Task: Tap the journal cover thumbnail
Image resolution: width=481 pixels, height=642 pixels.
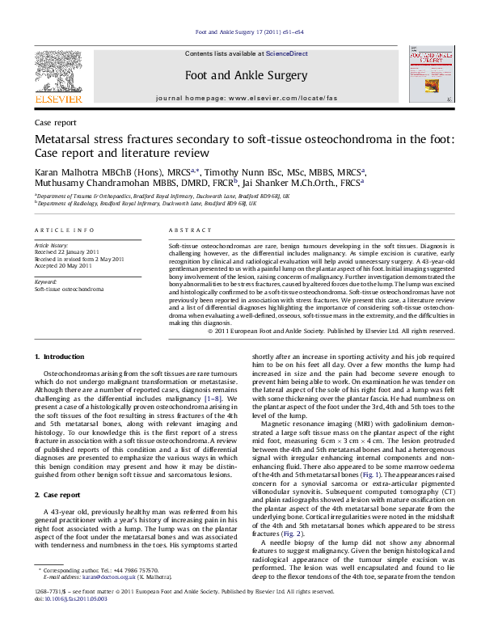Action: click(x=430, y=76)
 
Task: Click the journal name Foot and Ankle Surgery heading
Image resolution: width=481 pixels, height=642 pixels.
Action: click(x=247, y=75)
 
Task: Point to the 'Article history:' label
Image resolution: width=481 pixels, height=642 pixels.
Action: click(x=52, y=243)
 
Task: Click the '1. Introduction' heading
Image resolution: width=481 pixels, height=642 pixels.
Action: click(x=64, y=357)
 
